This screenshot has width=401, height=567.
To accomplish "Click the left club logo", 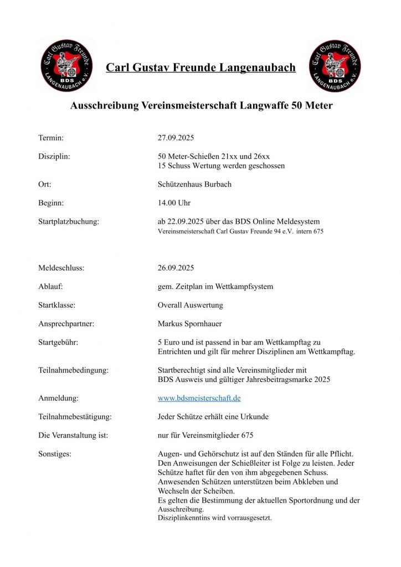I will [66, 65].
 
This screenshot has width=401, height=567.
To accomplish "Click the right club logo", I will [335, 65].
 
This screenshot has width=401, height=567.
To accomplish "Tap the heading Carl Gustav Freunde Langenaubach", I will [200, 68].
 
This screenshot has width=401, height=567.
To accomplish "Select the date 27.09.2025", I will [176, 137].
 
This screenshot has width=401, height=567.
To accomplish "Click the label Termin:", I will [51, 137].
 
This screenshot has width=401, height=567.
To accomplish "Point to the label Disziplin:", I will [54, 157].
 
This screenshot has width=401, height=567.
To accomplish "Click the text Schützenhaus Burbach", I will [194, 184].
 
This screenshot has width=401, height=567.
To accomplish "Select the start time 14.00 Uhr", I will [174, 203].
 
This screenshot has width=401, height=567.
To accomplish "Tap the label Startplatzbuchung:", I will [69, 222].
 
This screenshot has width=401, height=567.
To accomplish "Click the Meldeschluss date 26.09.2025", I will [176, 268].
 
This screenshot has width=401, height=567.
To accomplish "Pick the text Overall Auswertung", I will [190, 305].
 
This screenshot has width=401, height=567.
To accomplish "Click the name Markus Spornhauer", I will [190, 324].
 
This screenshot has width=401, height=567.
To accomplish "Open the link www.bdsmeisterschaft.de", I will [199, 398].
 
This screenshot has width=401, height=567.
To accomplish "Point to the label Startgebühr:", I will [58, 342].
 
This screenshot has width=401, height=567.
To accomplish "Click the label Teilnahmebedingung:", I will [73, 370].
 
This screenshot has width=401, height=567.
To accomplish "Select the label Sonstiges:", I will [55, 454].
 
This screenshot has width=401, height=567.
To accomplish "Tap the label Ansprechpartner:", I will [66, 324].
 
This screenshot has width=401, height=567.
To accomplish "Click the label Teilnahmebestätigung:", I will [75, 416].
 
